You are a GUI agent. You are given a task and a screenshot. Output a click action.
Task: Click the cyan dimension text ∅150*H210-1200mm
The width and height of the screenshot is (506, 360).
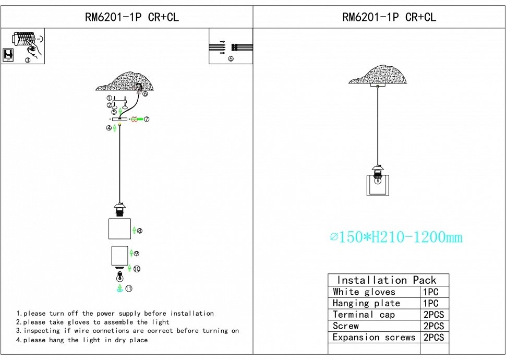click(396, 237)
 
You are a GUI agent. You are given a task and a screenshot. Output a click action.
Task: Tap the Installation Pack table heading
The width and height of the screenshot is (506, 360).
click(387, 280)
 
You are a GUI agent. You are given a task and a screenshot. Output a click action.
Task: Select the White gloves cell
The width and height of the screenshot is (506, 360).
click(364, 292)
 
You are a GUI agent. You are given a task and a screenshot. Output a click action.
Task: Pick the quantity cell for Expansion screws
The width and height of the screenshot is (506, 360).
click(433, 338)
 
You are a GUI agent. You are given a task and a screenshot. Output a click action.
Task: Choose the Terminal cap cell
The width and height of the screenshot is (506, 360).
click(364, 315)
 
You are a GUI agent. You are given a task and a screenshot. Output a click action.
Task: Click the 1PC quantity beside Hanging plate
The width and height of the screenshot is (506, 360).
click(431, 303)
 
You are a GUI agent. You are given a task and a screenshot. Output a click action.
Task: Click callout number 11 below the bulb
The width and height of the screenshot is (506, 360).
click(129, 289)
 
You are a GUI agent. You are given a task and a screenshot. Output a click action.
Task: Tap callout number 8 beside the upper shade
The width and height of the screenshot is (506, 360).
click(139, 231)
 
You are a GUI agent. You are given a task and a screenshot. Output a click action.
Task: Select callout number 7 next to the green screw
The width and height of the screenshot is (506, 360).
click(147, 119)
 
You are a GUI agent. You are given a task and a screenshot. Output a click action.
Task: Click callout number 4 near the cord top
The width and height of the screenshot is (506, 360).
click(109, 128)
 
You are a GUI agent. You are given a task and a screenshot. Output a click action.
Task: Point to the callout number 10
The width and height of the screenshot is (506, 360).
click(137, 269)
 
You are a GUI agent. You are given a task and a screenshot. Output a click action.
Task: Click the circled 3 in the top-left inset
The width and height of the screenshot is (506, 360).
click(28, 60)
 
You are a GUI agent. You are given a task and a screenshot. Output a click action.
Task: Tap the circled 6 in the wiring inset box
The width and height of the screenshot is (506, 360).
click(231, 59)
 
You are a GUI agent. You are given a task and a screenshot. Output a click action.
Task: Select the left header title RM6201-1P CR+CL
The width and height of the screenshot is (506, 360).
click(131, 17)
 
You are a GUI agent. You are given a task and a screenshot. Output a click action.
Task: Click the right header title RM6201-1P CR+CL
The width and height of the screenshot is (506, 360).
click(389, 17)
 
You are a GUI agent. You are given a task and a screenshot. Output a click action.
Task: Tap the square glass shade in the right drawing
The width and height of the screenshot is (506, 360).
click(378, 185)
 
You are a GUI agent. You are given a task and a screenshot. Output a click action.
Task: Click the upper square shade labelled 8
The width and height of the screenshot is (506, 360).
click(120, 229)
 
